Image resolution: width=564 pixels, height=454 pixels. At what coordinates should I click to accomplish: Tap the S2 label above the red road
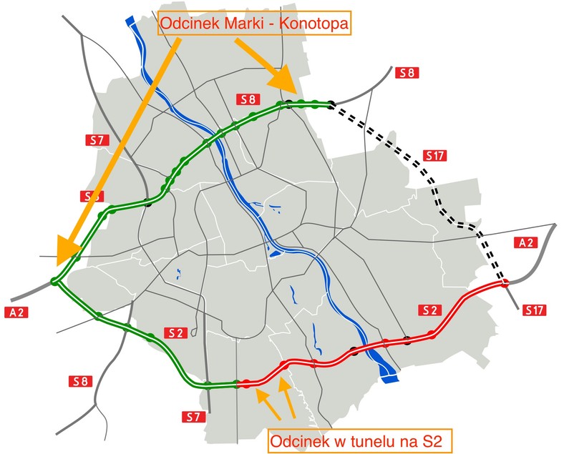(x=429, y=310)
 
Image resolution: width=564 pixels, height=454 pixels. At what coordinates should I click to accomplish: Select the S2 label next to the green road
(x=175, y=332)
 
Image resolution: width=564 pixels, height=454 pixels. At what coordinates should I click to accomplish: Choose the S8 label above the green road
(x=248, y=99)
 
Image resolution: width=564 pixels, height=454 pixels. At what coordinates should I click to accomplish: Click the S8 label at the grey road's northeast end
(x=407, y=72)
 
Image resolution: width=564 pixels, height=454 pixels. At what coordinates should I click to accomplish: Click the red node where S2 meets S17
(x=505, y=283)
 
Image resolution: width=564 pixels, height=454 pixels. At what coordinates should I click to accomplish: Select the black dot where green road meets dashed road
(x=331, y=105)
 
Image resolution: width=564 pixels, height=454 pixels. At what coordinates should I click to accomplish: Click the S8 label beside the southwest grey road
(x=82, y=381)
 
